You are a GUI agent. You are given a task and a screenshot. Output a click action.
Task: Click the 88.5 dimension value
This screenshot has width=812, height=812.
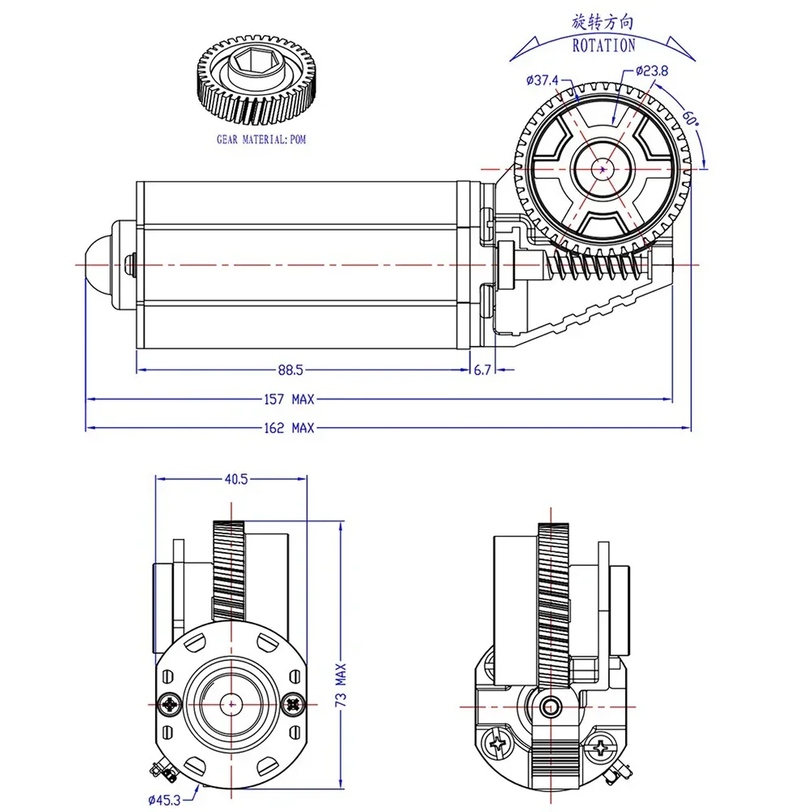(290, 370)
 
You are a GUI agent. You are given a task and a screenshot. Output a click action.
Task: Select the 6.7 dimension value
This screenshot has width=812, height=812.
(482, 370)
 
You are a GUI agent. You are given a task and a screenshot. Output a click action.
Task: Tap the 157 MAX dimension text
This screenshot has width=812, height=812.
(289, 400)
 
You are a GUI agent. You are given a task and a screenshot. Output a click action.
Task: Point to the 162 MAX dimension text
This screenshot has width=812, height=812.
(289, 428)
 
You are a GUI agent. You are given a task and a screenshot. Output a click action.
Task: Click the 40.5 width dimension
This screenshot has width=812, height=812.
(236, 479)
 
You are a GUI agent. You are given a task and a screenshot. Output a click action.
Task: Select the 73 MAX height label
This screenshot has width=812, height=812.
(340, 685)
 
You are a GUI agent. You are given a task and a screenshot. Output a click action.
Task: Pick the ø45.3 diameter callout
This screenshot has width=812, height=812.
(164, 800)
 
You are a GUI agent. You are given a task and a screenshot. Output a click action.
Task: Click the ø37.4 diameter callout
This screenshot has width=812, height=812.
(542, 80)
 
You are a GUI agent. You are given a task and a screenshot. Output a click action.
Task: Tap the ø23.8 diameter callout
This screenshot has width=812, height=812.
(651, 71)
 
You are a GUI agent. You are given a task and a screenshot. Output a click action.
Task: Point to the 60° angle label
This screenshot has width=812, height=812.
(690, 118)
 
